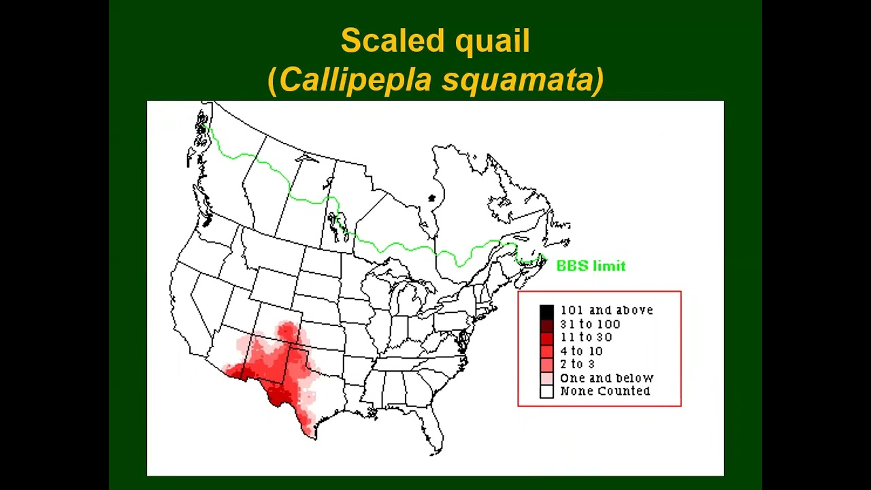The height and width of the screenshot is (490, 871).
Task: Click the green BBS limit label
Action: point(591,266)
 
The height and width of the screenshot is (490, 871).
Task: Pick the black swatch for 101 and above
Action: point(546,311)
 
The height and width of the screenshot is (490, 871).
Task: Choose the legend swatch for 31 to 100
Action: point(546,325)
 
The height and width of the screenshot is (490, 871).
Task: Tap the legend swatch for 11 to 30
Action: point(546,338)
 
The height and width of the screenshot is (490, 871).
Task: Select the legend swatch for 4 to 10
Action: point(546,351)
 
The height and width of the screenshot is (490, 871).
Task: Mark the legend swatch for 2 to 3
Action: point(546,365)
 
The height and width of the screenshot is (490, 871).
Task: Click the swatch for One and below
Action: point(546,378)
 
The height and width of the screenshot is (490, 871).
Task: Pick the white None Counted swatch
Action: point(546,391)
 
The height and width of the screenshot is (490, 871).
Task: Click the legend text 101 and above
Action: point(606,310)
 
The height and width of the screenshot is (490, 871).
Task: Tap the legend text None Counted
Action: point(605,391)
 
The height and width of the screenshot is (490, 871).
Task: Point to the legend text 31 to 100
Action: point(590,324)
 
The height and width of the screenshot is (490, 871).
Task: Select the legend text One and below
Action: point(606,378)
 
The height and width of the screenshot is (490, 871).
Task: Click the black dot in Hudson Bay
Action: point(431,198)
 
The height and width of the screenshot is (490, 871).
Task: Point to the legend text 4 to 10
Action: point(581,351)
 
